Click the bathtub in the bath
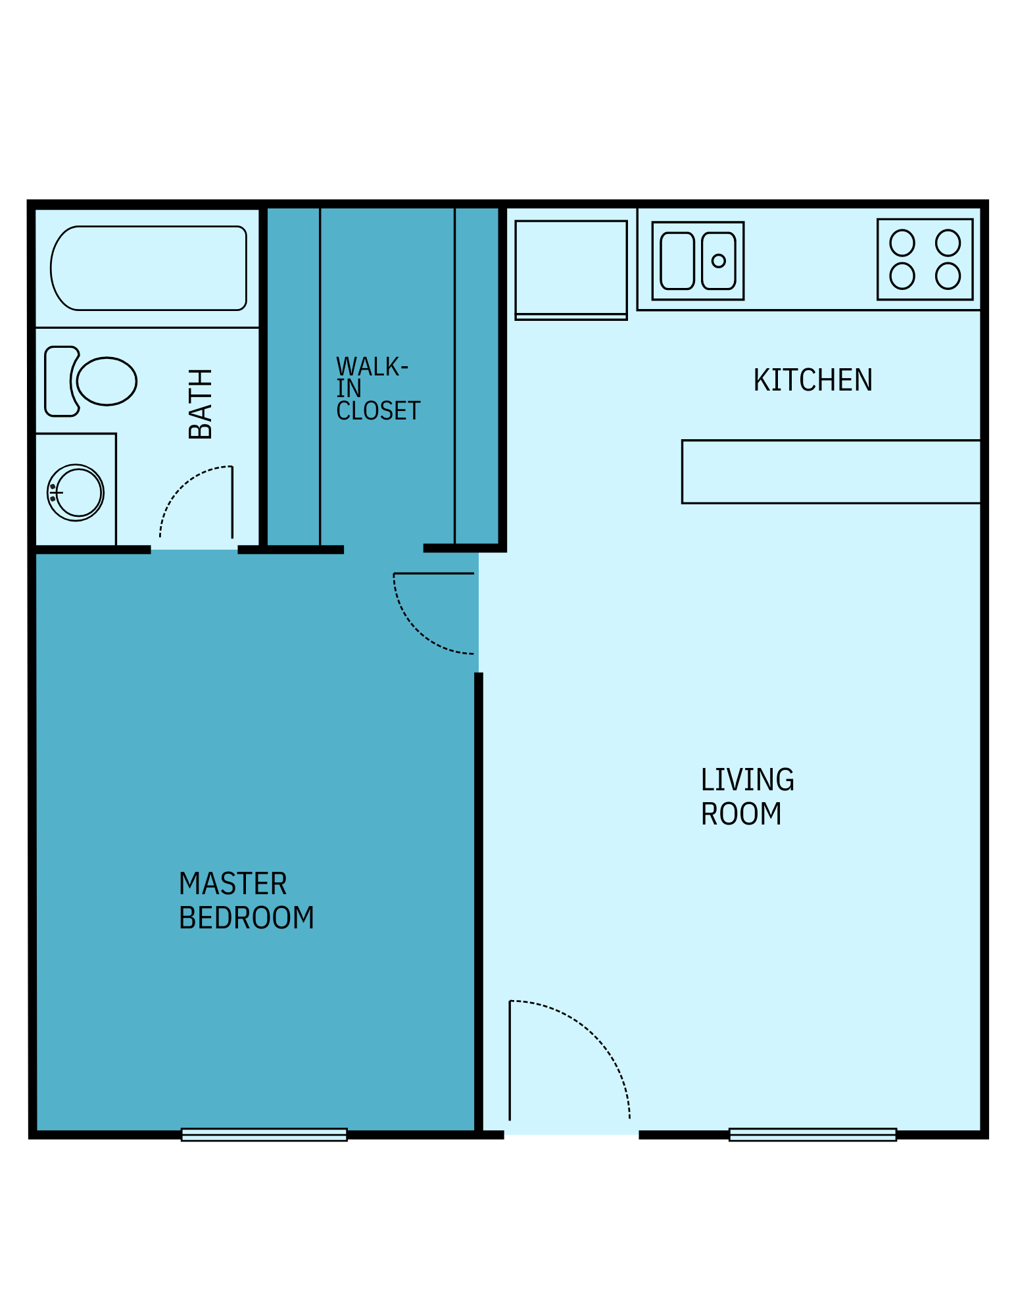click(x=149, y=268)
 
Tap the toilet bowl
click(x=107, y=381)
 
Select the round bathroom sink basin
click(x=76, y=492)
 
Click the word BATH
click(x=201, y=404)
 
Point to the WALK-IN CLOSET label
click(x=377, y=389)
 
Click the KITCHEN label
click(x=812, y=380)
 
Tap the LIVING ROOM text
click(x=747, y=796)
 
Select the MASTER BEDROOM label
click(x=246, y=901)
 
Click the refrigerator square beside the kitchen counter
click(x=571, y=268)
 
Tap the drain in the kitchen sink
click(x=719, y=261)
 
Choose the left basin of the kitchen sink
click(x=677, y=261)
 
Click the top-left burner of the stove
click(x=902, y=243)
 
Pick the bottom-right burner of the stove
click(x=948, y=276)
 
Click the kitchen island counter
click(x=831, y=472)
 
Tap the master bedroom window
click(x=264, y=1135)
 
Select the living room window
click(x=812, y=1135)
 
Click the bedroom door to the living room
click(x=434, y=573)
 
